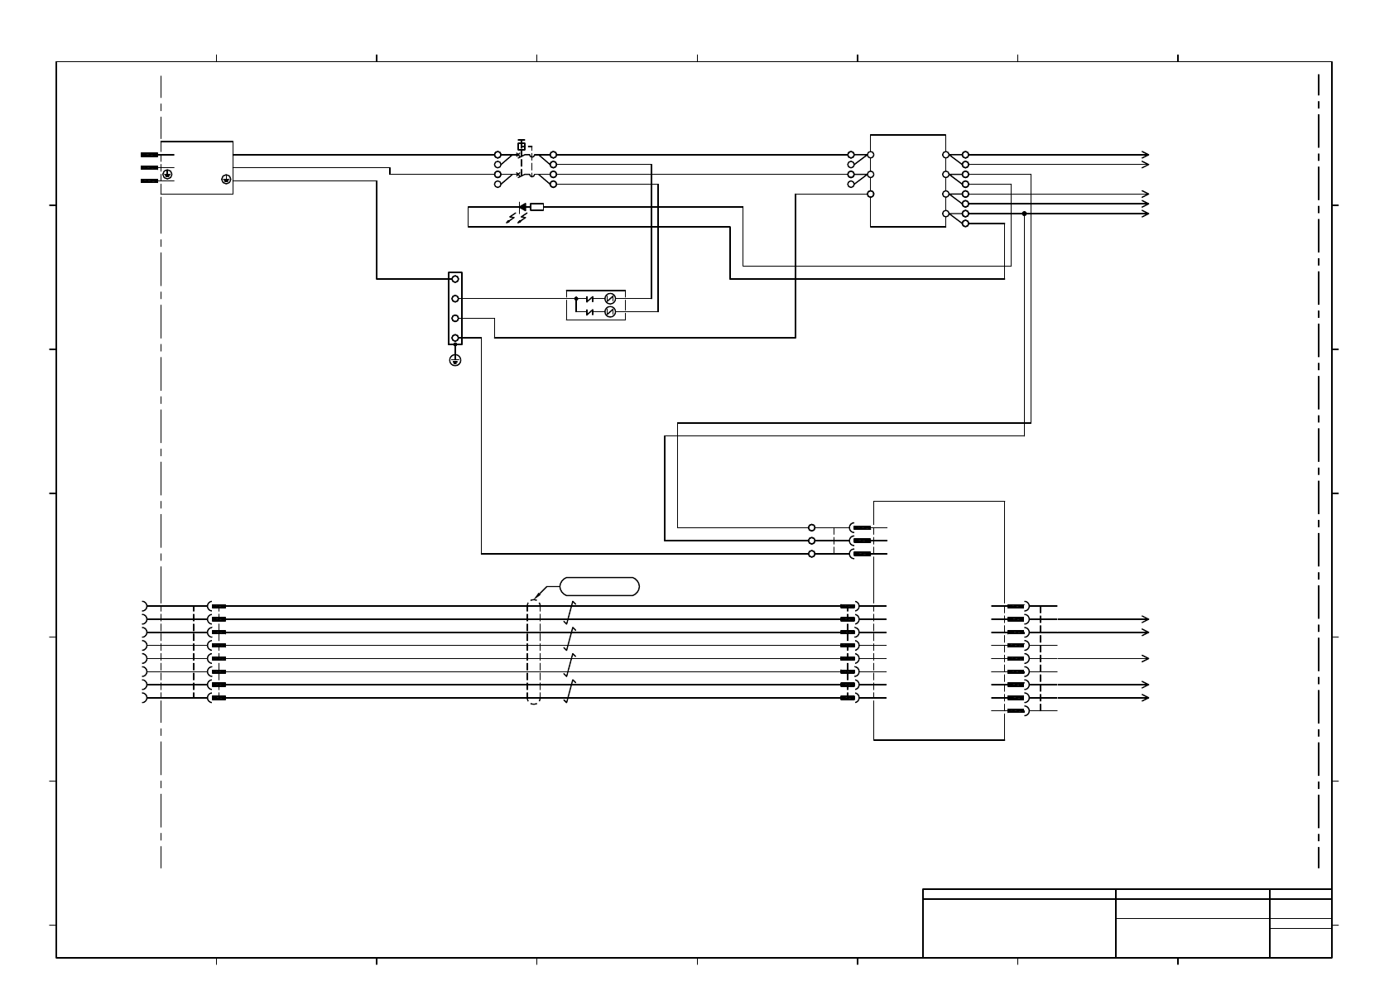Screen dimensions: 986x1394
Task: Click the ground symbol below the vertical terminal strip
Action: [454, 359]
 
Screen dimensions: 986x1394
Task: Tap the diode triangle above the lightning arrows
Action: [522, 207]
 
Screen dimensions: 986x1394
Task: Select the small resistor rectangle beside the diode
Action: [536, 207]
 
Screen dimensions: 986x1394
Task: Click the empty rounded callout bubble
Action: [599, 587]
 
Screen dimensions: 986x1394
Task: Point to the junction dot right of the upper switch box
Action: [1024, 214]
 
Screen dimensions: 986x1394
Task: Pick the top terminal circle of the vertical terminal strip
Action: [454, 279]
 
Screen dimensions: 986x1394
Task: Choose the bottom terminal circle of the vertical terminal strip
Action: [454, 338]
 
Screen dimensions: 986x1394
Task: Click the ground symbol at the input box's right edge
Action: [225, 178]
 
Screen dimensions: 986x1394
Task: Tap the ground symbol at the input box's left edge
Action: [168, 175]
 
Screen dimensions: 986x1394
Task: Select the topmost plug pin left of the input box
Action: [150, 155]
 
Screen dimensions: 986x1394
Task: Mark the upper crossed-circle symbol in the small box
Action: [610, 298]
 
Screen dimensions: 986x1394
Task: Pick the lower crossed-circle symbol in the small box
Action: [610, 311]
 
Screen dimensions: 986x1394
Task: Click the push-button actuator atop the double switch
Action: [522, 146]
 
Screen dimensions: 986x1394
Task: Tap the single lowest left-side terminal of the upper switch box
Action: [870, 194]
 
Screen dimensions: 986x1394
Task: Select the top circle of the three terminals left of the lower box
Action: [811, 527]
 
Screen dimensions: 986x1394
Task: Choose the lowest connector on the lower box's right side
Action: [1018, 711]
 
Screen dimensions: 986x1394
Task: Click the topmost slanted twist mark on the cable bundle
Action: [570, 612]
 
